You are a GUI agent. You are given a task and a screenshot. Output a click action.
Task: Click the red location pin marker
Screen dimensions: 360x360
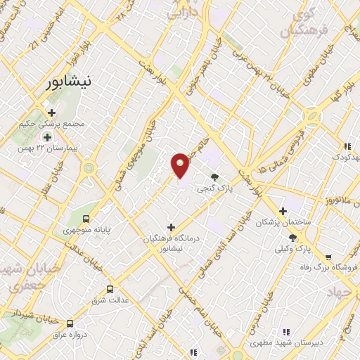pos(180,165)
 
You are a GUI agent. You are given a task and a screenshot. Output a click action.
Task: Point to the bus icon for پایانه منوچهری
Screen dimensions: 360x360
pos(86,218)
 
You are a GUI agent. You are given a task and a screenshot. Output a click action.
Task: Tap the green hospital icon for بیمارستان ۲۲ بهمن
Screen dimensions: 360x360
pos(47,136)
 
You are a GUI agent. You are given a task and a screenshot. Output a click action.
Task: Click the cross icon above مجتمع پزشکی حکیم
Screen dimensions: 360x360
pos(51,112)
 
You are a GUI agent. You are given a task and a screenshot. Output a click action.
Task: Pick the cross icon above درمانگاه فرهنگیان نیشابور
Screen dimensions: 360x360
pos(171,227)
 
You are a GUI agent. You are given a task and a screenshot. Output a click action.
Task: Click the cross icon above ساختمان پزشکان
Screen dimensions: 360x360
pos(283,211)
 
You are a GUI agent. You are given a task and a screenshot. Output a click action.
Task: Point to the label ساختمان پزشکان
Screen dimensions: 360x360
pos(283,222)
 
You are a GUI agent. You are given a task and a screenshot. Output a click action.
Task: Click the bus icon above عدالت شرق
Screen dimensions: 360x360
pos(109,289)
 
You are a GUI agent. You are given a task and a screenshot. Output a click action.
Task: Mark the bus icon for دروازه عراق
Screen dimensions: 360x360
pos(70,323)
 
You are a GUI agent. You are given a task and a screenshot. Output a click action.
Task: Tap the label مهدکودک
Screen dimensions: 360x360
pos(342,155)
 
